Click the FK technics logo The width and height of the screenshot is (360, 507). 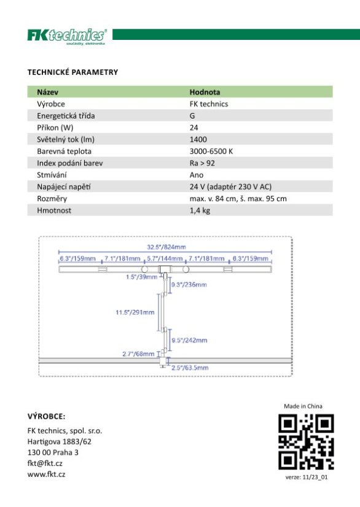pyautogui.click(x=67, y=36)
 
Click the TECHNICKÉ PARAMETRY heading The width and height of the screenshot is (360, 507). pyautogui.click(x=72, y=72)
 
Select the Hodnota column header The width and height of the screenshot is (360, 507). pyautogui.click(x=205, y=92)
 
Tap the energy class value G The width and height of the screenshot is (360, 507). pyautogui.click(x=193, y=115)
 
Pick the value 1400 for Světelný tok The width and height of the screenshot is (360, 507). pyautogui.click(x=198, y=139)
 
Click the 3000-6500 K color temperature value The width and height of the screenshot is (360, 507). pyautogui.click(x=211, y=151)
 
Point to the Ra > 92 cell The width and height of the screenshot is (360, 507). pyautogui.click(x=203, y=163)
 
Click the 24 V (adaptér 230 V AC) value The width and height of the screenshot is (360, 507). pyautogui.click(x=231, y=187)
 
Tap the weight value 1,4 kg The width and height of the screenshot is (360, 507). pyautogui.click(x=200, y=211)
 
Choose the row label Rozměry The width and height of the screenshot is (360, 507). pyautogui.click(x=52, y=199)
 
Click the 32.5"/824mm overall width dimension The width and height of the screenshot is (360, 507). pyautogui.click(x=166, y=247)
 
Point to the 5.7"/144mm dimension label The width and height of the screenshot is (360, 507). pyautogui.click(x=164, y=259)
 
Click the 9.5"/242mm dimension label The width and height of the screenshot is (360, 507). pyautogui.click(x=189, y=340)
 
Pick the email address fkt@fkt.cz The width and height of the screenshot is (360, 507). pyautogui.click(x=45, y=463)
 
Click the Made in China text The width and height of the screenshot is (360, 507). pyautogui.click(x=303, y=406)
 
